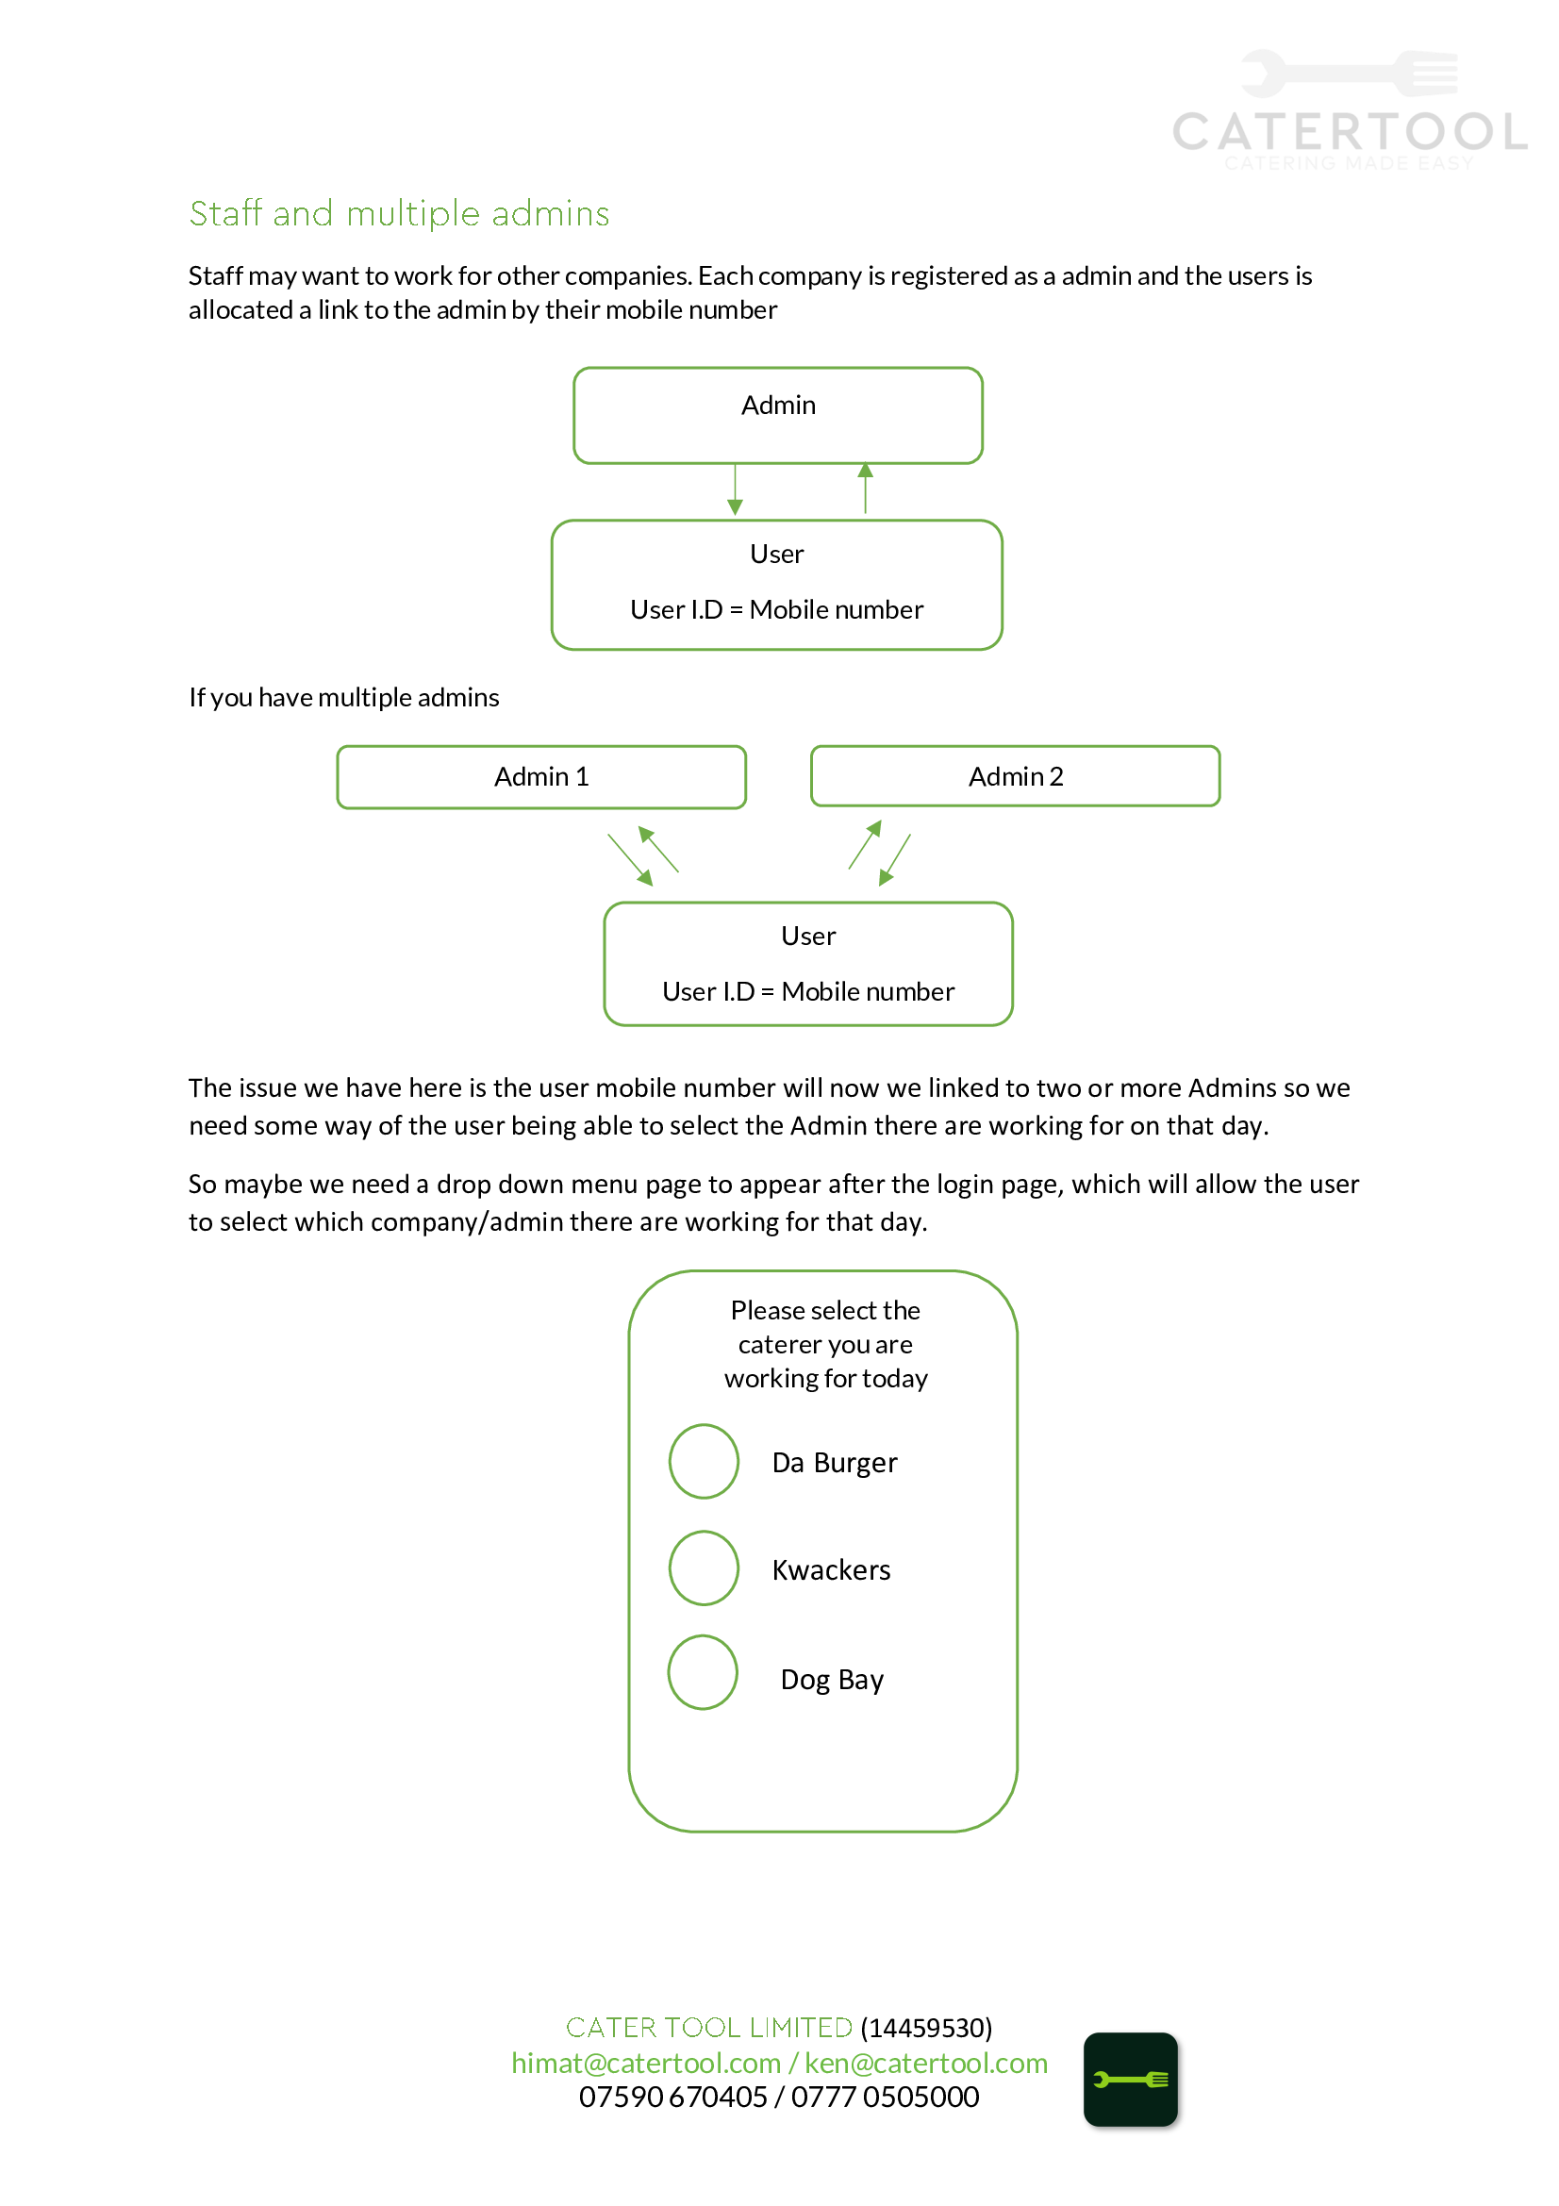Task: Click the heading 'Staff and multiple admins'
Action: point(399,213)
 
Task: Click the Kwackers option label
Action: point(832,1570)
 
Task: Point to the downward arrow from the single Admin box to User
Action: point(736,489)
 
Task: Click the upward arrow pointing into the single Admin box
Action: point(866,489)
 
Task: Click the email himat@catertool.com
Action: point(645,2063)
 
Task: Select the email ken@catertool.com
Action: point(926,2063)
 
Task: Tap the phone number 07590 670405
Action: point(672,2097)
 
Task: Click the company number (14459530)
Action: point(926,2028)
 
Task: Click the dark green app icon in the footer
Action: point(1131,2080)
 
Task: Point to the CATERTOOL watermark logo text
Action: point(1350,132)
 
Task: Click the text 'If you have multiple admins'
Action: point(344,698)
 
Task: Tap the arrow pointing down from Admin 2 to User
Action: point(894,860)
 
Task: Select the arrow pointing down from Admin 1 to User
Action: point(630,860)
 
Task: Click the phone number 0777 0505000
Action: point(885,2097)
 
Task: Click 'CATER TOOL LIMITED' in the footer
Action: point(709,2028)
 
